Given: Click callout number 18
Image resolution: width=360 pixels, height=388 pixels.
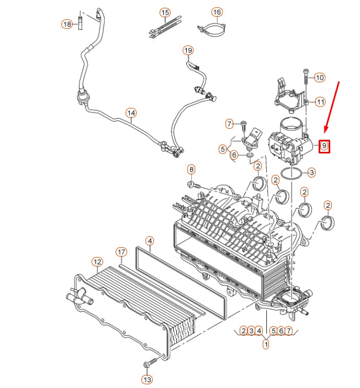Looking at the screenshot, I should (66, 24).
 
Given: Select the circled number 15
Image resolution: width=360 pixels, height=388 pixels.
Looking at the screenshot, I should (165, 12).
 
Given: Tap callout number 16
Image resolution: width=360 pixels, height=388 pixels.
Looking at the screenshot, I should (217, 12).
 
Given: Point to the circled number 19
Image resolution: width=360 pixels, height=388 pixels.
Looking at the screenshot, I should (188, 50).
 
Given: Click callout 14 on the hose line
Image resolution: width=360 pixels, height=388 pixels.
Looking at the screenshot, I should (131, 113).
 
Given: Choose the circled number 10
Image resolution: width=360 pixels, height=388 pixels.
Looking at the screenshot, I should (319, 77).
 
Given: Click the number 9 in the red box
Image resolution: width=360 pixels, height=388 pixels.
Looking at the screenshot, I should (324, 146).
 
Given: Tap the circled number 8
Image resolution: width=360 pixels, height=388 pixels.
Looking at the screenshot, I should (191, 169).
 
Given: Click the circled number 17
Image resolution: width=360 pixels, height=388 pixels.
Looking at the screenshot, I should (121, 252).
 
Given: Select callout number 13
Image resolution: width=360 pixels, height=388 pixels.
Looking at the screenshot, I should (147, 379).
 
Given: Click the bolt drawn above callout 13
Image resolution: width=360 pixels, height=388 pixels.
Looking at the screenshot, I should (151, 362).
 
